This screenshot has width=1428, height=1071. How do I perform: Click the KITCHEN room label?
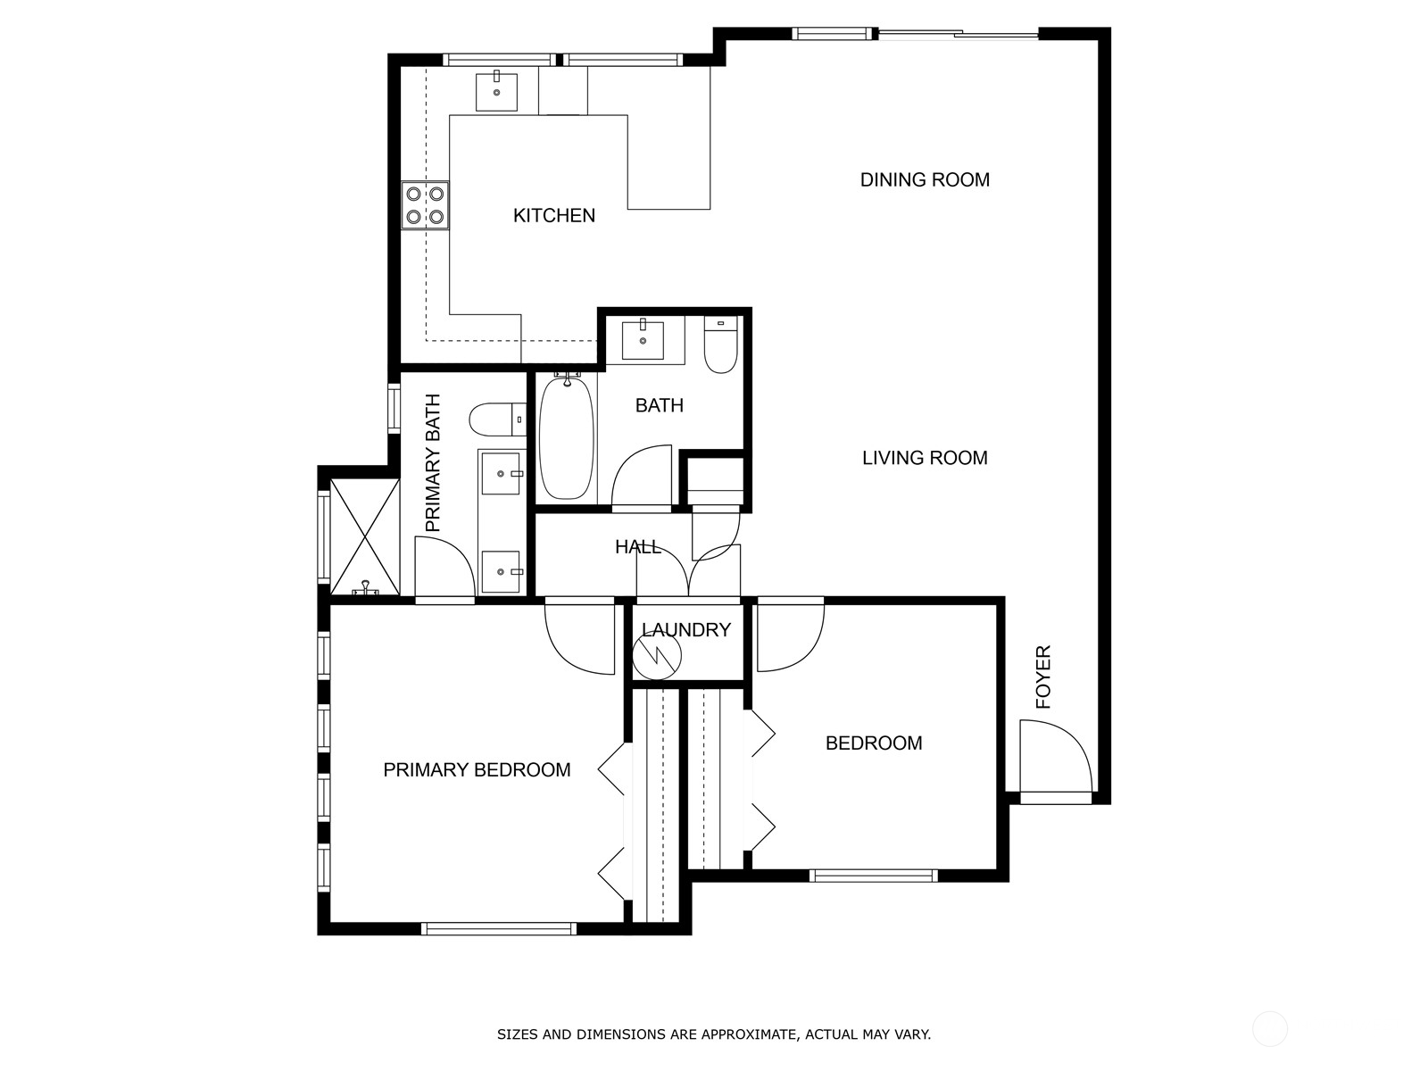tap(553, 215)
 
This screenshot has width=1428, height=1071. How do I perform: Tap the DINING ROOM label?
tap(925, 179)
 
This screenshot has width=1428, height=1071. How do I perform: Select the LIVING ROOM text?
tap(925, 458)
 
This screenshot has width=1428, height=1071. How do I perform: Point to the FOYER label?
tap(1043, 677)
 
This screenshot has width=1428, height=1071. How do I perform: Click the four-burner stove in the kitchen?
tap(425, 204)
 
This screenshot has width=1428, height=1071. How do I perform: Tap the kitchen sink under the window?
tap(496, 91)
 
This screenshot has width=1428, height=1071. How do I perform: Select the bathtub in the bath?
tap(567, 437)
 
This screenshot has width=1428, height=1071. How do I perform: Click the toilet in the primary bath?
tap(497, 419)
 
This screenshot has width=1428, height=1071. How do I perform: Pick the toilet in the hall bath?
tap(720, 346)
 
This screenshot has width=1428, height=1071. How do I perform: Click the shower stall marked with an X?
tap(364, 537)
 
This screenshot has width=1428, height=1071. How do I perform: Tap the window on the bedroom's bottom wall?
tap(873, 876)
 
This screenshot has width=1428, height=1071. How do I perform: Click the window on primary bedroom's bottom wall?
tap(498, 928)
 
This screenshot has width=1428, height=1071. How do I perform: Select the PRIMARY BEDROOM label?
tap(477, 770)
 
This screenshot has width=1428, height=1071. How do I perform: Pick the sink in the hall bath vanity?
tap(643, 338)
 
